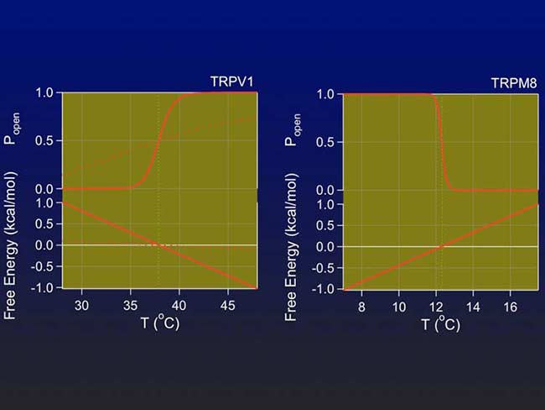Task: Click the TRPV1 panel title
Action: click(232, 82)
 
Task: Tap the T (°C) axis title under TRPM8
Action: click(439, 323)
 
